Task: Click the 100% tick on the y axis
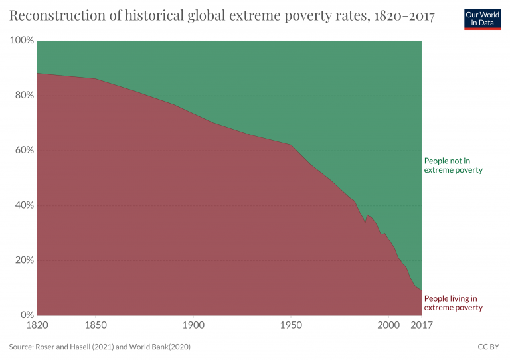pos(22,41)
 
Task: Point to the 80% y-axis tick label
pos(24,96)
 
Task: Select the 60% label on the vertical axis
pos(24,150)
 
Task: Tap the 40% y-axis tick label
pos(24,205)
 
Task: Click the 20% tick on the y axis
pos(24,260)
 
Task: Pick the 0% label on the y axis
pos(27,315)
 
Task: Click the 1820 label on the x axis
pos(37,325)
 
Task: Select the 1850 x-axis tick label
pos(96,325)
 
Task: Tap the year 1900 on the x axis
pos(193,325)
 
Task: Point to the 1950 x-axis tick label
pos(290,325)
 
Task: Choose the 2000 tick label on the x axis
pos(388,325)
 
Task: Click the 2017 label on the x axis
pos(421,325)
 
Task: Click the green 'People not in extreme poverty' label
pos(453,165)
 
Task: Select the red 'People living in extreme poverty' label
pos(453,303)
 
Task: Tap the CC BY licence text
pos(489,347)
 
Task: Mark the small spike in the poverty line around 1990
pos(367,215)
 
